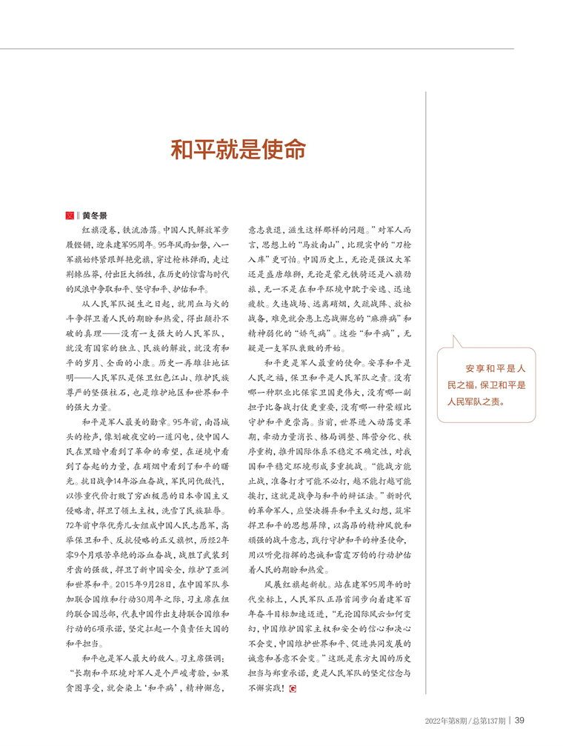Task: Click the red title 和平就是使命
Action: click(x=238, y=149)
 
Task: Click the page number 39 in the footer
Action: click(x=520, y=719)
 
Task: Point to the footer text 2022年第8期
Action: click(x=447, y=719)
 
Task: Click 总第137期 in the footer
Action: click(x=488, y=719)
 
